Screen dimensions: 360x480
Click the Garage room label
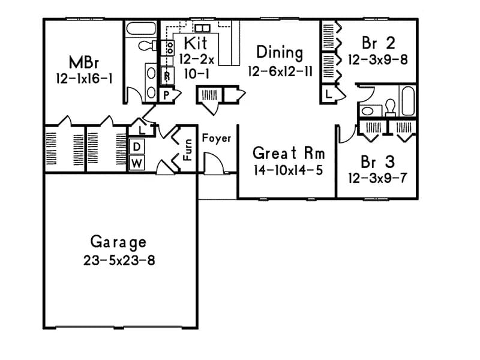(x=118, y=242)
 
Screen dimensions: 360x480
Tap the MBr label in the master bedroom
(x=83, y=62)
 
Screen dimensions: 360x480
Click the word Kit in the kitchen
(x=196, y=43)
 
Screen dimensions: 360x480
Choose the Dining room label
(x=279, y=53)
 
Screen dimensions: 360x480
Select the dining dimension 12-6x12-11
(x=279, y=71)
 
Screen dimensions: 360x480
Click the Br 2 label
(x=377, y=43)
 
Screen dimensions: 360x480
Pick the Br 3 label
(x=377, y=162)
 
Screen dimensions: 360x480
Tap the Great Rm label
(x=289, y=153)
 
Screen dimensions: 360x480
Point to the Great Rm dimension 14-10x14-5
(x=288, y=170)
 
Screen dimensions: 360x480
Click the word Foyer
(x=216, y=139)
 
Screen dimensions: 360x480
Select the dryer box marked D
(x=136, y=147)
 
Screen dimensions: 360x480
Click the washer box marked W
(x=136, y=163)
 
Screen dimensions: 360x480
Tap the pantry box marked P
(x=166, y=94)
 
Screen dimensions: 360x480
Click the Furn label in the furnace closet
(x=188, y=149)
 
